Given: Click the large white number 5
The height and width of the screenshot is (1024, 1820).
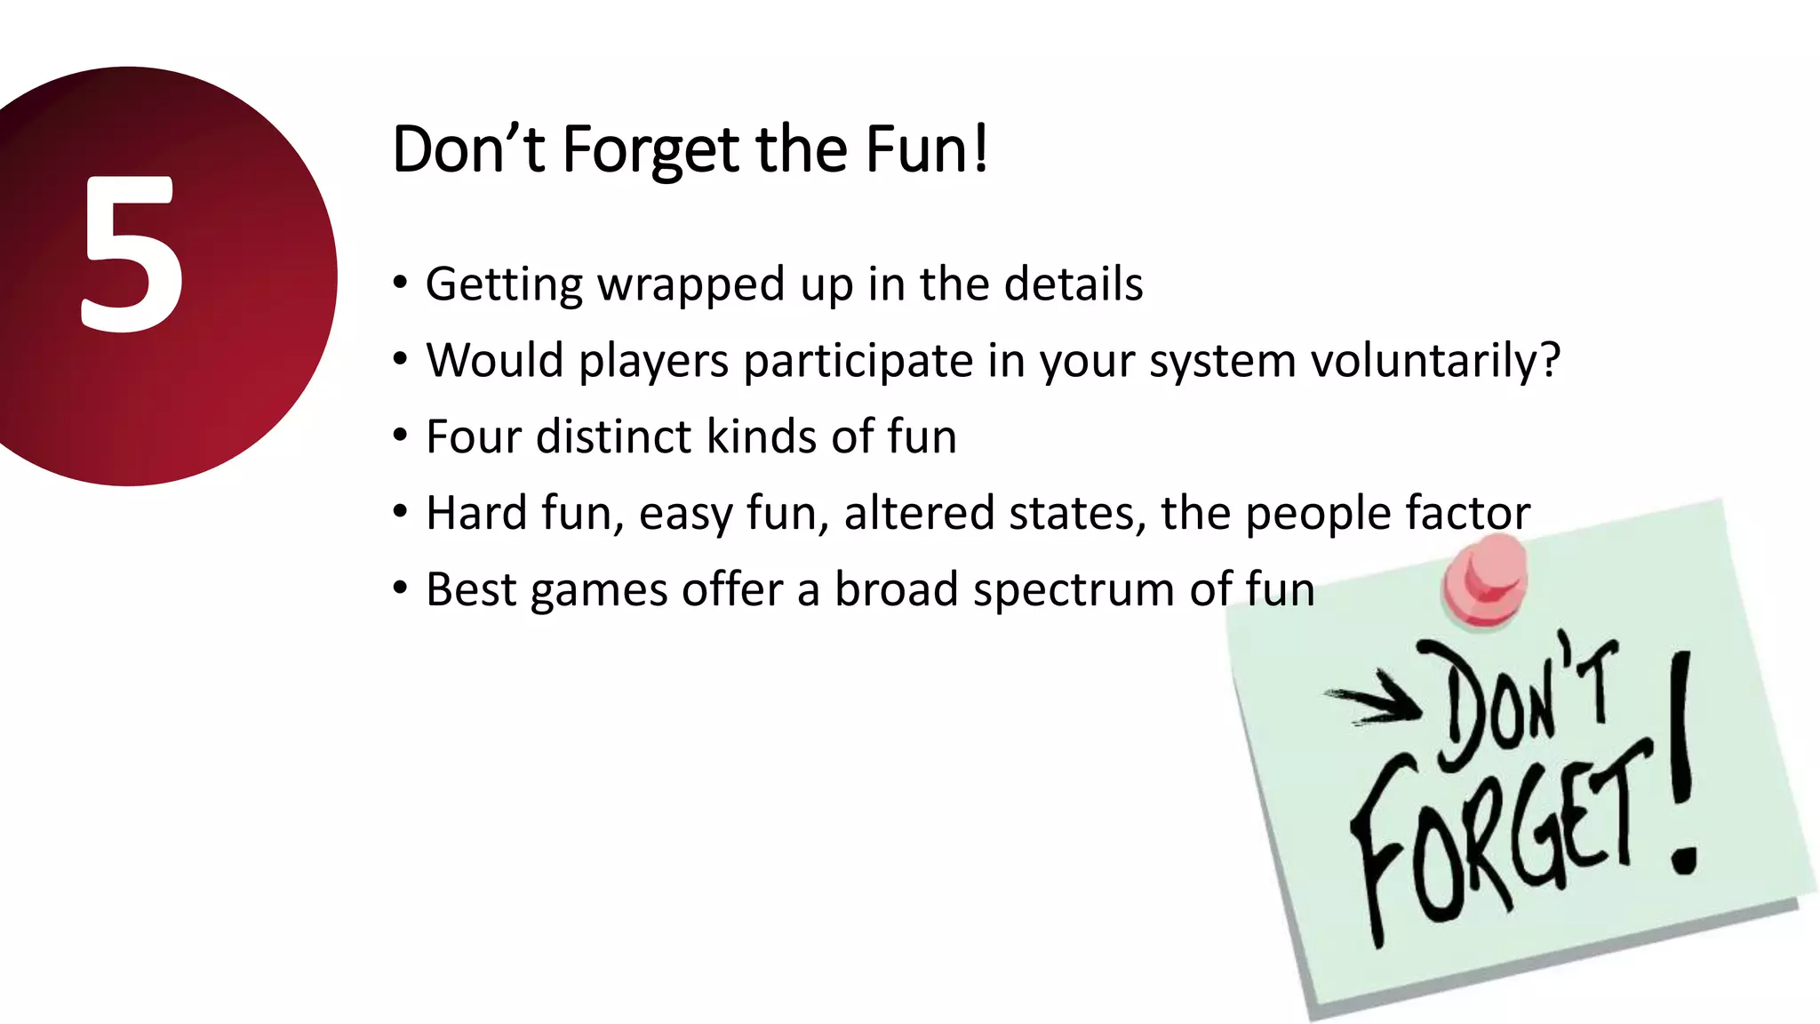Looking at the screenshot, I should coord(133,255).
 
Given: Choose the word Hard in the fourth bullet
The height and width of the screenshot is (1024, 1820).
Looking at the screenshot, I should coord(475,514).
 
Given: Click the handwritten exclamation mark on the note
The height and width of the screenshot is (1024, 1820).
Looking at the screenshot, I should coord(1681,764).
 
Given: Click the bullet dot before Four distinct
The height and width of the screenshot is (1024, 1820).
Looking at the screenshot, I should coord(401,436).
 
